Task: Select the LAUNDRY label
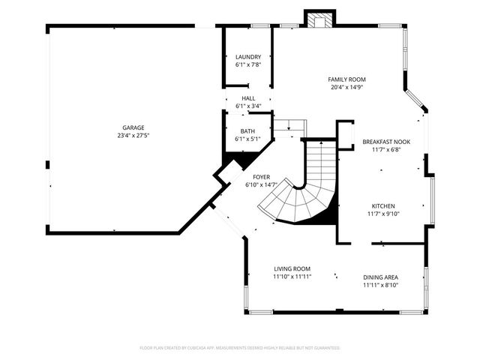[248, 57]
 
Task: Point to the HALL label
[248, 98]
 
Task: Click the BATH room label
[247, 131]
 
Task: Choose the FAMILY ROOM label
[347, 79]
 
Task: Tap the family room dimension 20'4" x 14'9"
[347, 87]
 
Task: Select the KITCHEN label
[383, 205]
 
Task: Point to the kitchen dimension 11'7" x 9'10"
[383, 214]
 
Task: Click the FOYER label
[261, 177]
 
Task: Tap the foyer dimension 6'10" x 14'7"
[261, 185]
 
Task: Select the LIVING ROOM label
[292, 268]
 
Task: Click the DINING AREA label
[381, 277]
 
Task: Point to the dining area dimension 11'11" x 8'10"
[381, 285]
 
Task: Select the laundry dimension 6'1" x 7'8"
[248, 65]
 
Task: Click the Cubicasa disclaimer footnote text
[240, 348]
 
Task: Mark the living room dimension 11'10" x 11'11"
[292, 277]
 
